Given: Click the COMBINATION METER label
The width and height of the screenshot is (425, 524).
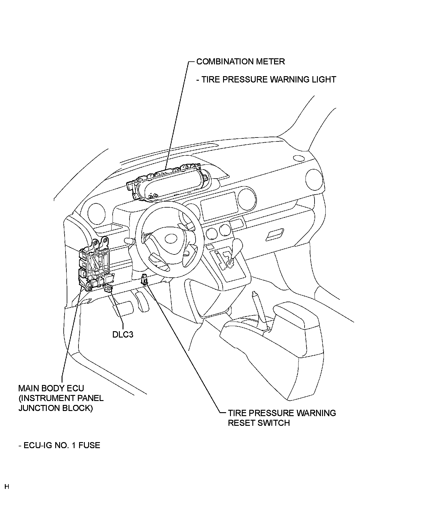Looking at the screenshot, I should [x=240, y=62].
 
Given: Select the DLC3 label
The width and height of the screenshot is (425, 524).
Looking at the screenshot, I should [x=123, y=335].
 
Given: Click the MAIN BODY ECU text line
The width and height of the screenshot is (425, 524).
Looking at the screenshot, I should [x=51, y=388].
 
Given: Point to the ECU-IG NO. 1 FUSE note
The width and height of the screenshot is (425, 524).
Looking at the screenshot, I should [x=59, y=445].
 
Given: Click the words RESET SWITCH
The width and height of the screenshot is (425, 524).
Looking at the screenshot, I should [x=259, y=423].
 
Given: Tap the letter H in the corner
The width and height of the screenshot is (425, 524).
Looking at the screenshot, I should [x=7, y=487].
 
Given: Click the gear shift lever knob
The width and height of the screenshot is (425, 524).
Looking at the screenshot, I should [x=237, y=243].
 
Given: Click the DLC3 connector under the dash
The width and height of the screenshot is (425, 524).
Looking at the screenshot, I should [x=108, y=289].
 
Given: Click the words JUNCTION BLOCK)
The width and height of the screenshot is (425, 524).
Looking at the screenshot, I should [x=56, y=408].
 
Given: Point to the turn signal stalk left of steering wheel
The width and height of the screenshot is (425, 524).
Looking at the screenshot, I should [x=129, y=241].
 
